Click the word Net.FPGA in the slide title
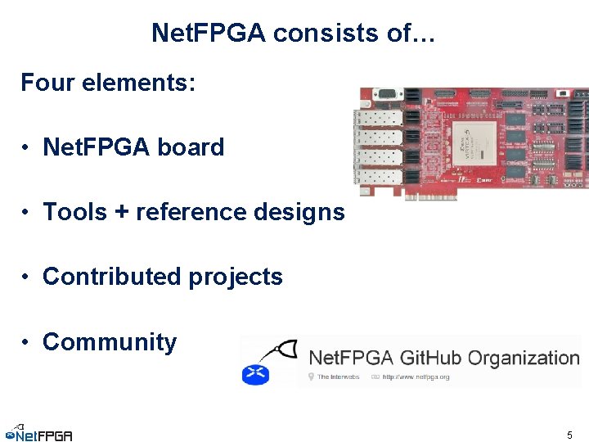pyautogui.click(x=209, y=33)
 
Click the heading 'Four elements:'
pyautogui.click(x=108, y=83)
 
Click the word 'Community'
pyautogui.click(x=110, y=341)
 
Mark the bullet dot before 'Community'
pyautogui.click(x=27, y=343)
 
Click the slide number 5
pyautogui.click(x=569, y=435)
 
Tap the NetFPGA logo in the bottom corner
pyautogui.click(x=38, y=434)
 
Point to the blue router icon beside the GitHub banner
pyautogui.click(x=255, y=374)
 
